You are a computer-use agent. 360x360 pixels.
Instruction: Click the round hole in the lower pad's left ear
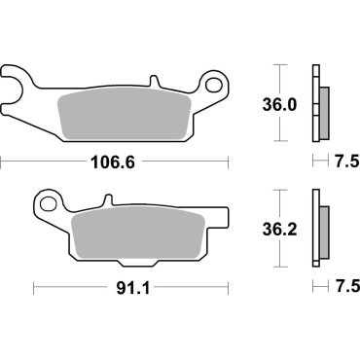[x=48, y=202]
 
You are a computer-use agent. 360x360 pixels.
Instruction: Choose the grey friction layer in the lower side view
[x=323, y=232]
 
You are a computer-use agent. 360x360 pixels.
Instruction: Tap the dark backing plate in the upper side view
[x=315, y=102]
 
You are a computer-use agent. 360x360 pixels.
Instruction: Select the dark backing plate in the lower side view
[x=315, y=232]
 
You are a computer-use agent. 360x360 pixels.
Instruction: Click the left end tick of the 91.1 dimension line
[x=34, y=288]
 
